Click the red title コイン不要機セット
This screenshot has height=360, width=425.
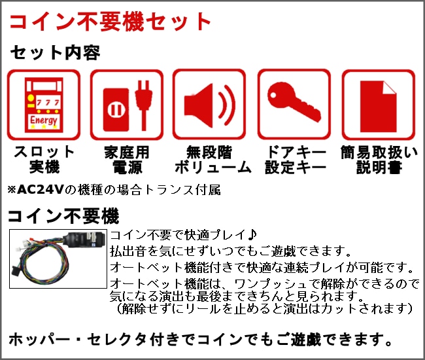110,22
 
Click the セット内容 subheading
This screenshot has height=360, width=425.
56,53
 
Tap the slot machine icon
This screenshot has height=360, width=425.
43,105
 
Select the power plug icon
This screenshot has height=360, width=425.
126,105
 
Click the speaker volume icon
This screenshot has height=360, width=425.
209,105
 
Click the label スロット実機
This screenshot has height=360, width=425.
44,160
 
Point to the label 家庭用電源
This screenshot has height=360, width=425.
127,160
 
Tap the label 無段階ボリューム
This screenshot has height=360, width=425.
209,160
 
